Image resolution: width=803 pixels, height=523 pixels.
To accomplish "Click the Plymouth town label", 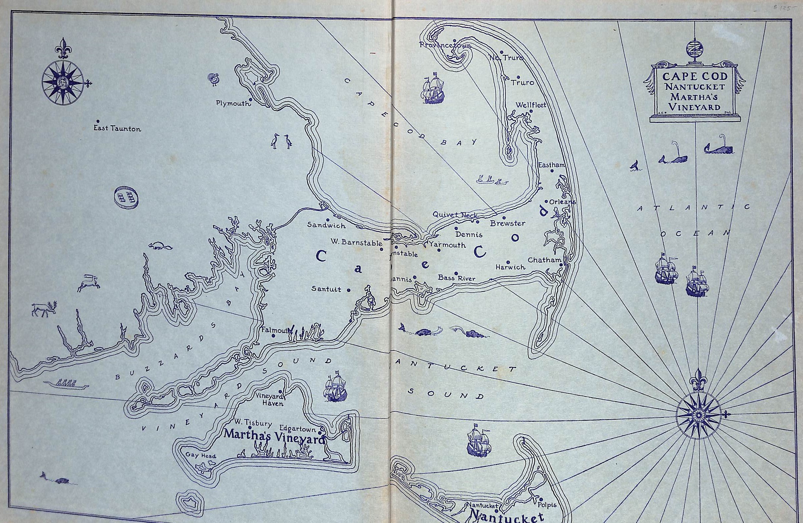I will pos(233,103).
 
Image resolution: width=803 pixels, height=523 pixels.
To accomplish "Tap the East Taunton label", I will pos(117,129).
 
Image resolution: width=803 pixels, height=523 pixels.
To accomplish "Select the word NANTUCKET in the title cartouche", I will pos(695,87).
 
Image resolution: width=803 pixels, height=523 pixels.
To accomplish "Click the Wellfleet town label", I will pos(530,105).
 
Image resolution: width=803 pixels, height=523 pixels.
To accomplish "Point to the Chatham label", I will pos(544,260).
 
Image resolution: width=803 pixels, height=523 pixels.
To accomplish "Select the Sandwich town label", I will pos(326,225).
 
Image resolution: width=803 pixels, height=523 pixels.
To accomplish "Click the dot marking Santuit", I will pos(349,290).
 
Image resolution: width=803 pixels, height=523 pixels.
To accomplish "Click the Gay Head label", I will pos(201,455).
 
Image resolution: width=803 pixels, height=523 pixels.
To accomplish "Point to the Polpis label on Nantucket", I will pos(547,505).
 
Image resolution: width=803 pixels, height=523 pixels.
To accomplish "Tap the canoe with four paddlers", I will pos(66,384).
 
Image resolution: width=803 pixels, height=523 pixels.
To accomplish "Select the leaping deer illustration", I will pos(89,283).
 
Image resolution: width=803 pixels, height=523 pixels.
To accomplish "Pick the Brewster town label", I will pos(507,223).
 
